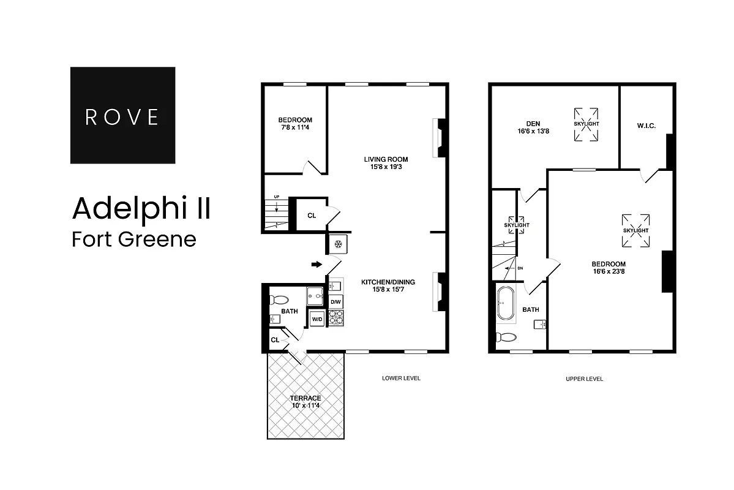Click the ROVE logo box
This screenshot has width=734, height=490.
click(122, 115)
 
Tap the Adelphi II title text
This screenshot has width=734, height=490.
click(141, 208)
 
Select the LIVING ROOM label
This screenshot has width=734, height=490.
click(386, 162)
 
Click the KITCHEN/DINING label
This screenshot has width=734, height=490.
click(388, 285)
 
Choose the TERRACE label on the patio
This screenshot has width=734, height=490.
click(306, 402)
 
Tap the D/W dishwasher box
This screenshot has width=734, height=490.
click(336, 302)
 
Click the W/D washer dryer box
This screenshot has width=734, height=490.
click(317, 319)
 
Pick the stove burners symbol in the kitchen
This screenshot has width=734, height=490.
click(336, 317)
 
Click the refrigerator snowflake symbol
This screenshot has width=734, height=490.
click(337, 244)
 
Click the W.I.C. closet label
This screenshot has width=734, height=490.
click(646, 126)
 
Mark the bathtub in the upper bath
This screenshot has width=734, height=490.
click(506, 303)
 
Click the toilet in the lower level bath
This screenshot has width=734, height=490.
click(279, 300)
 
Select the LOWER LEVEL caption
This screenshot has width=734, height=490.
click(401, 379)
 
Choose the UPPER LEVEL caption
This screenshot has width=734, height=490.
click(585, 379)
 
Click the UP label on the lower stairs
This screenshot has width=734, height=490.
click(277, 197)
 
